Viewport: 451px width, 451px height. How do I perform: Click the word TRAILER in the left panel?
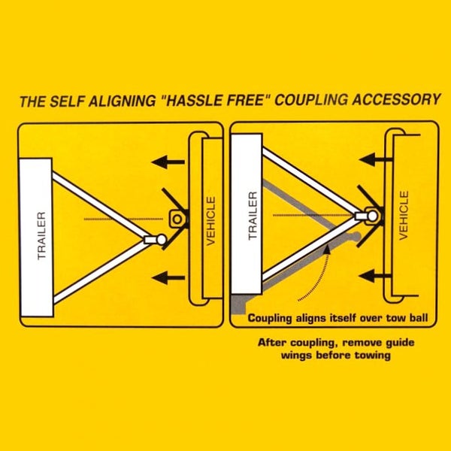(x=41, y=236)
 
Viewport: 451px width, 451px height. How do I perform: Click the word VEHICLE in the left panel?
(x=211, y=221)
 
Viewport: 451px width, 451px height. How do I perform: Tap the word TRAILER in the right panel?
(x=253, y=216)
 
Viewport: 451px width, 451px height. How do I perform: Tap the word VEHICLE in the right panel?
(x=404, y=215)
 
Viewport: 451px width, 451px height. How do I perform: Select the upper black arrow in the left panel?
(x=168, y=162)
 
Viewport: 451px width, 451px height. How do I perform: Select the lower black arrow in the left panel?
(x=168, y=278)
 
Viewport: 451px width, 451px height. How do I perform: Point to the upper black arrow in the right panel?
(x=376, y=159)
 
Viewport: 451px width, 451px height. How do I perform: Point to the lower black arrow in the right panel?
(x=375, y=276)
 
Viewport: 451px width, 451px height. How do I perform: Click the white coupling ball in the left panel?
(x=162, y=239)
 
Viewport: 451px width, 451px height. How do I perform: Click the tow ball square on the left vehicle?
(x=177, y=219)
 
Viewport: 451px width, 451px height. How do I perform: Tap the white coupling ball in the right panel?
(x=373, y=216)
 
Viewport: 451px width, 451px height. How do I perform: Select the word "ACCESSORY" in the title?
(x=396, y=99)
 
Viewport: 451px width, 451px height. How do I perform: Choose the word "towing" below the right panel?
(x=373, y=356)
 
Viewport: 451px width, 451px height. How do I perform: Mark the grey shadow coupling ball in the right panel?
(x=356, y=237)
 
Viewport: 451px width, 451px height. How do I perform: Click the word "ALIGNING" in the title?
(x=122, y=101)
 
